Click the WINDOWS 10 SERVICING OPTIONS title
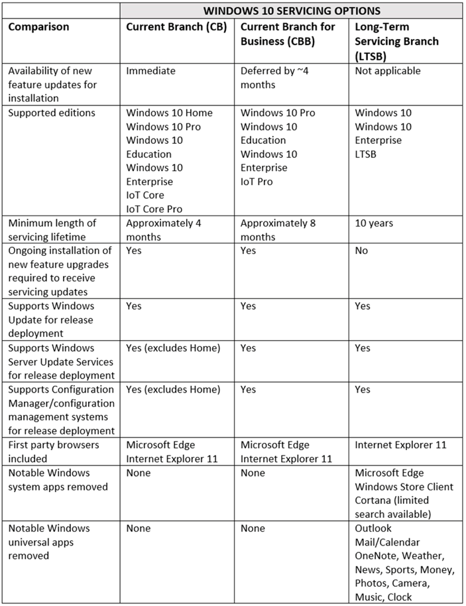pyautogui.click(x=292, y=11)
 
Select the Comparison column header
pyautogui.click(x=38, y=27)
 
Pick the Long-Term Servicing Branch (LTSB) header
pyautogui.click(x=396, y=41)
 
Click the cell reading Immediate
pyautogui.click(x=150, y=71)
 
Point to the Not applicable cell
pyautogui.click(x=388, y=71)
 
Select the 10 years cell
pyautogui.click(x=374, y=223)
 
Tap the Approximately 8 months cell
pyautogui.click(x=278, y=229)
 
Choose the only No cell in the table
pyautogui.click(x=361, y=251)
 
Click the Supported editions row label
pyautogui.click(x=52, y=113)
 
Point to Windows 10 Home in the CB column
pyautogui.click(x=169, y=113)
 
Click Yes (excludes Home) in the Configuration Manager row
pyautogui.click(x=173, y=389)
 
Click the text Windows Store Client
pyautogui.click(x=404, y=487)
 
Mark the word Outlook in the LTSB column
pyautogui.click(x=373, y=528)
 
